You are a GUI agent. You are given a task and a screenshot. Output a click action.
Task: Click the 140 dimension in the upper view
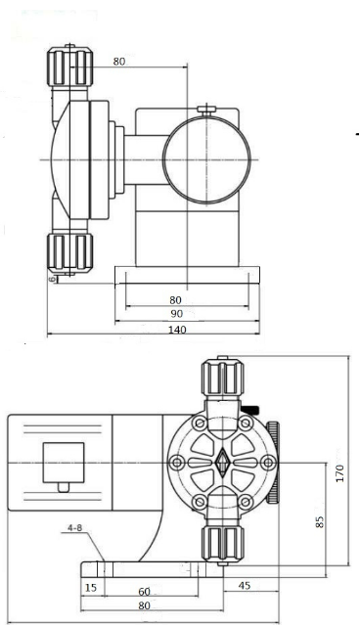pyautogui.click(x=177, y=330)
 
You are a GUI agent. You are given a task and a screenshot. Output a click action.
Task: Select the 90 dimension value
pyautogui.click(x=177, y=314)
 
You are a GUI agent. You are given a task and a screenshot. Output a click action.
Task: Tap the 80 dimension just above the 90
pyautogui.click(x=175, y=300)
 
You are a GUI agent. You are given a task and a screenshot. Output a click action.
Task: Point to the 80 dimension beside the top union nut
pyautogui.click(x=118, y=62)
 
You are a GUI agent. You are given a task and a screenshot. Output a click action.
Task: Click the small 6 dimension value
pyautogui.click(x=52, y=280)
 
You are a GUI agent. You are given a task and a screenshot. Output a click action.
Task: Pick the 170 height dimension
pyautogui.click(x=339, y=473)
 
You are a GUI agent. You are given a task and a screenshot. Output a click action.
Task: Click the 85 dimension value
pyautogui.click(x=320, y=521)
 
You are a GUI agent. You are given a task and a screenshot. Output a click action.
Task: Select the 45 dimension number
pyautogui.click(x=244, y=585)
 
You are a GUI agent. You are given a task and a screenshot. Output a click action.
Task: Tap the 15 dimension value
pyautogui.click(x=91, y=588)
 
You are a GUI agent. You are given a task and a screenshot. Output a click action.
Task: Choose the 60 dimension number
pyautogui.click(x=144, y=591)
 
